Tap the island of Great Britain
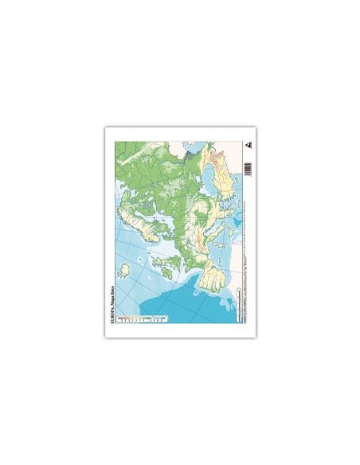pos(170,263)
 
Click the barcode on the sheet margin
pos(248,168)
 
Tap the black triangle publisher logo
pos(248,147)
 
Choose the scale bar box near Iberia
pos(239,305)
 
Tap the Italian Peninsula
pos(216,231)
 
